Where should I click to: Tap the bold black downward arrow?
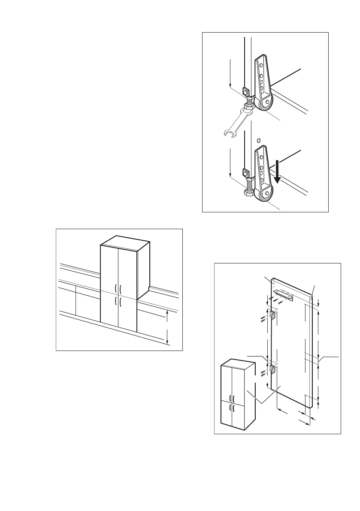[278, 171]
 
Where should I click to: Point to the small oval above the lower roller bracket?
[258, 140]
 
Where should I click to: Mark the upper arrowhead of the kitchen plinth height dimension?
[167, 313]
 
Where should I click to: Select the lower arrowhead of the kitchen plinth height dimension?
[167, 342]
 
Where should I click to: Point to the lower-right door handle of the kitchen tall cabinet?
[121, 302]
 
